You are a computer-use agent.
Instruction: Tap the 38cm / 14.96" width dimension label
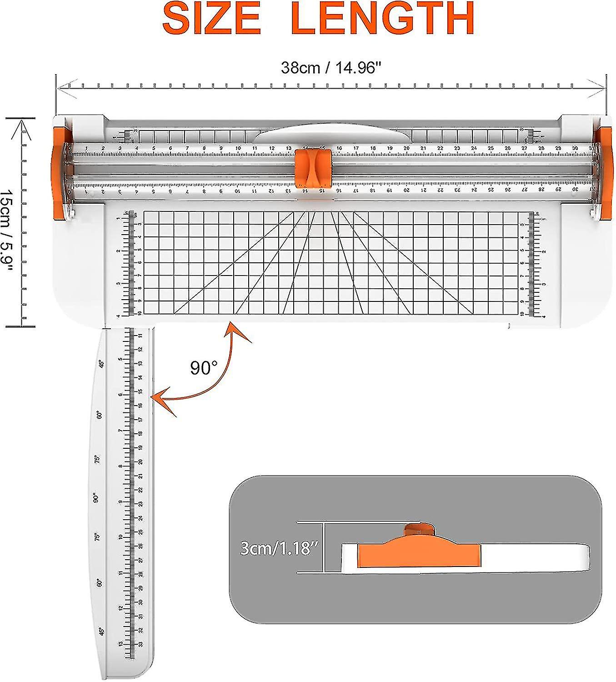330,68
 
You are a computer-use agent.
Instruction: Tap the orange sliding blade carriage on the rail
313,167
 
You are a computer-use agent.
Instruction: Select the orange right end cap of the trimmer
605,173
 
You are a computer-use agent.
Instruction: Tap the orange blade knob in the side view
420,530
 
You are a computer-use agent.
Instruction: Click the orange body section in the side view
418,555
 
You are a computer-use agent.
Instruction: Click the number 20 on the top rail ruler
406,148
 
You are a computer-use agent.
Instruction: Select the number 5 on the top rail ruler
154,148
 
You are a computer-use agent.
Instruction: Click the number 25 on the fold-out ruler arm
140,532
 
